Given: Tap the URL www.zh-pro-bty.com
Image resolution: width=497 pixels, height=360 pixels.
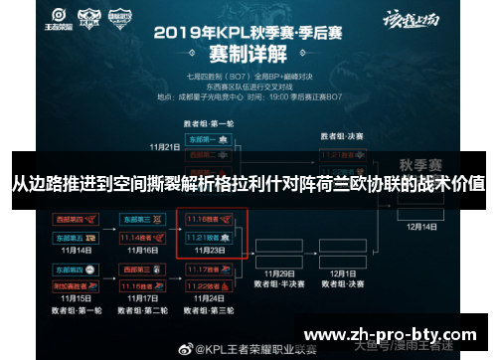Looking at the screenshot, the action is click(396, 334).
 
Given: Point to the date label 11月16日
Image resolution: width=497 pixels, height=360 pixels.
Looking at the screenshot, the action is click(146, 252).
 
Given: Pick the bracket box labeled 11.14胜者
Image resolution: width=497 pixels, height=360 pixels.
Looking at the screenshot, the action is click(142, 239).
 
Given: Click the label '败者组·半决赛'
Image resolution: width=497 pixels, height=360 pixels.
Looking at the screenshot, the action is click(282, 282).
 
